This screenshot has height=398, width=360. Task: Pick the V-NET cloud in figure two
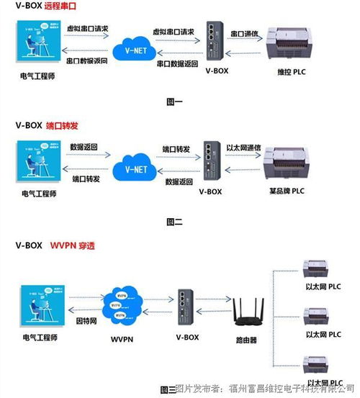(x=135, y=168)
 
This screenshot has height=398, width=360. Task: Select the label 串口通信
(x=245, y=33)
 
